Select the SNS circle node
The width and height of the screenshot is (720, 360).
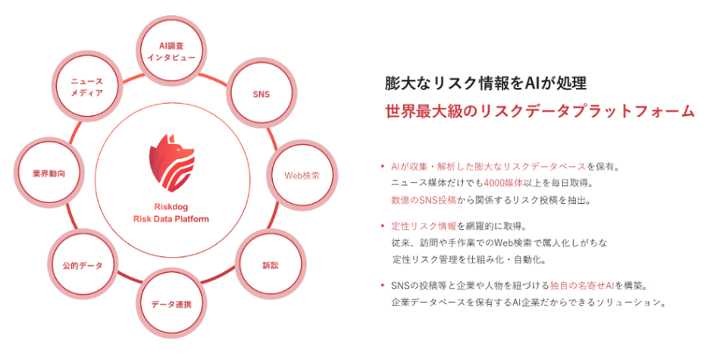[261, 95]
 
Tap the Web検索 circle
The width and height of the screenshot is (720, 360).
[301, 175]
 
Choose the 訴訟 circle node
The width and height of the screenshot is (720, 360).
[270, 265]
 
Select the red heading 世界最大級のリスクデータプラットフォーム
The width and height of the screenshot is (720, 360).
[539, 111]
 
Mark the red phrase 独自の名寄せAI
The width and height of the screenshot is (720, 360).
[581, 286]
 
